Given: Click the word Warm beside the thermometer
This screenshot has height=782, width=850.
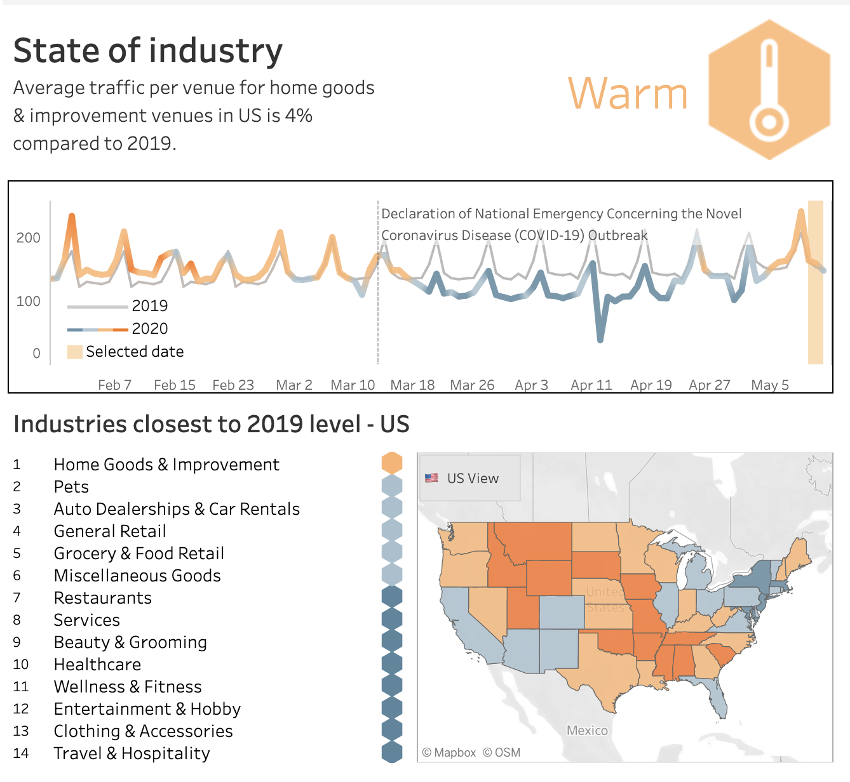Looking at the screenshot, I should click(628, 94).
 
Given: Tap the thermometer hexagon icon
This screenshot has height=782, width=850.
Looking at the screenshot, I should click(769, 89).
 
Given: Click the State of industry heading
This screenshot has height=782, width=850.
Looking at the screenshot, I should click(148, 51).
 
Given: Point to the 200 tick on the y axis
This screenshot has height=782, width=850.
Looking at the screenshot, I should click(29, 238).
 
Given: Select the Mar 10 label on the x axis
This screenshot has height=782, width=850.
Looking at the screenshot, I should click(353, 385).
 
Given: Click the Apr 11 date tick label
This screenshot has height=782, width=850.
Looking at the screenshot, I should click(591, 385).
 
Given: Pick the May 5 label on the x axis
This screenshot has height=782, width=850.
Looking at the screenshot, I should click(769, 385).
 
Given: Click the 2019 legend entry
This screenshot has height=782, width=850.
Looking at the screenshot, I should click(149, 306).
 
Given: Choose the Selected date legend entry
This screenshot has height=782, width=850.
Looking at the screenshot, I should click(134, 352).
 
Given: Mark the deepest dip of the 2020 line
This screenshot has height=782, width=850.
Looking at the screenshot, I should click(600, 340).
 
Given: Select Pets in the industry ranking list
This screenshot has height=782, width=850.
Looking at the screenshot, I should click(71, 487).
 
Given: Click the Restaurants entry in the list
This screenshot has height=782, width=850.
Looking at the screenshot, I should click(103, 598).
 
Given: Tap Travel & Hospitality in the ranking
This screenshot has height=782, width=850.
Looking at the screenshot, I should click(132, 753).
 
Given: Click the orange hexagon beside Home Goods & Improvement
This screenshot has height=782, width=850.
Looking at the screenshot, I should click(392, 463).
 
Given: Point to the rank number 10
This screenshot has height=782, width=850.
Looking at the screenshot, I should click(21, 665).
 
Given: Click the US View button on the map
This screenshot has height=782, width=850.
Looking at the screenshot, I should click(470, 478).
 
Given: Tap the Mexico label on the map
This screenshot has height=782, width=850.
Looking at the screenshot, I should click(587, 731).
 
